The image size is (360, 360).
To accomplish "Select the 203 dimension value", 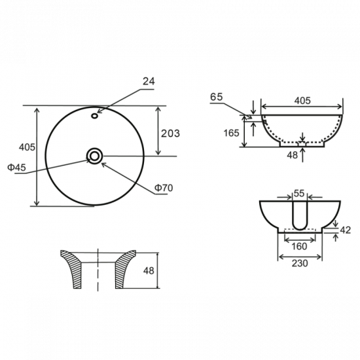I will [x=170, y=133].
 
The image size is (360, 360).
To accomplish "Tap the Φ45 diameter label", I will [x=16, y=168].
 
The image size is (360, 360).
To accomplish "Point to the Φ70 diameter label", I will [x=164, y=189].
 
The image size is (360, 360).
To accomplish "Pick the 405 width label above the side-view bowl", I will [x=302, y=101].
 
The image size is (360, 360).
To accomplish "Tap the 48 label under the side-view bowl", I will [x=291, y=156].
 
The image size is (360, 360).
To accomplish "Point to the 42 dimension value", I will [x=346, y=230].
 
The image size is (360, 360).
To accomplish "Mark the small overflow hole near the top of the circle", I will [x=95, y=117].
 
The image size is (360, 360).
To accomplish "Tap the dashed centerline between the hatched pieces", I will [x=97, y=268].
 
